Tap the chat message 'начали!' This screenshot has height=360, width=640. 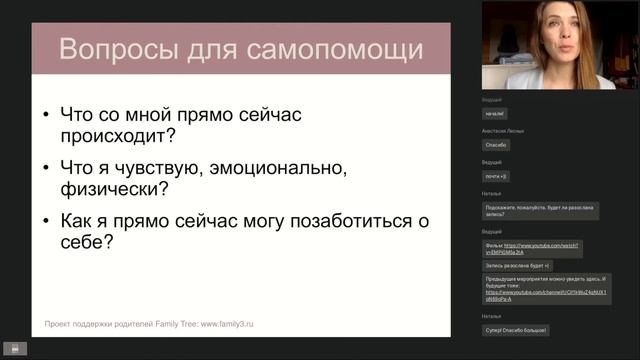(496, 114)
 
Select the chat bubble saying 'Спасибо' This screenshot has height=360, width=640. (497, 145)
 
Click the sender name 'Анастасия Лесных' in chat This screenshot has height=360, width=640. (503, 131)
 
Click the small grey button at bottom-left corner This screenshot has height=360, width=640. (14, 349)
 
